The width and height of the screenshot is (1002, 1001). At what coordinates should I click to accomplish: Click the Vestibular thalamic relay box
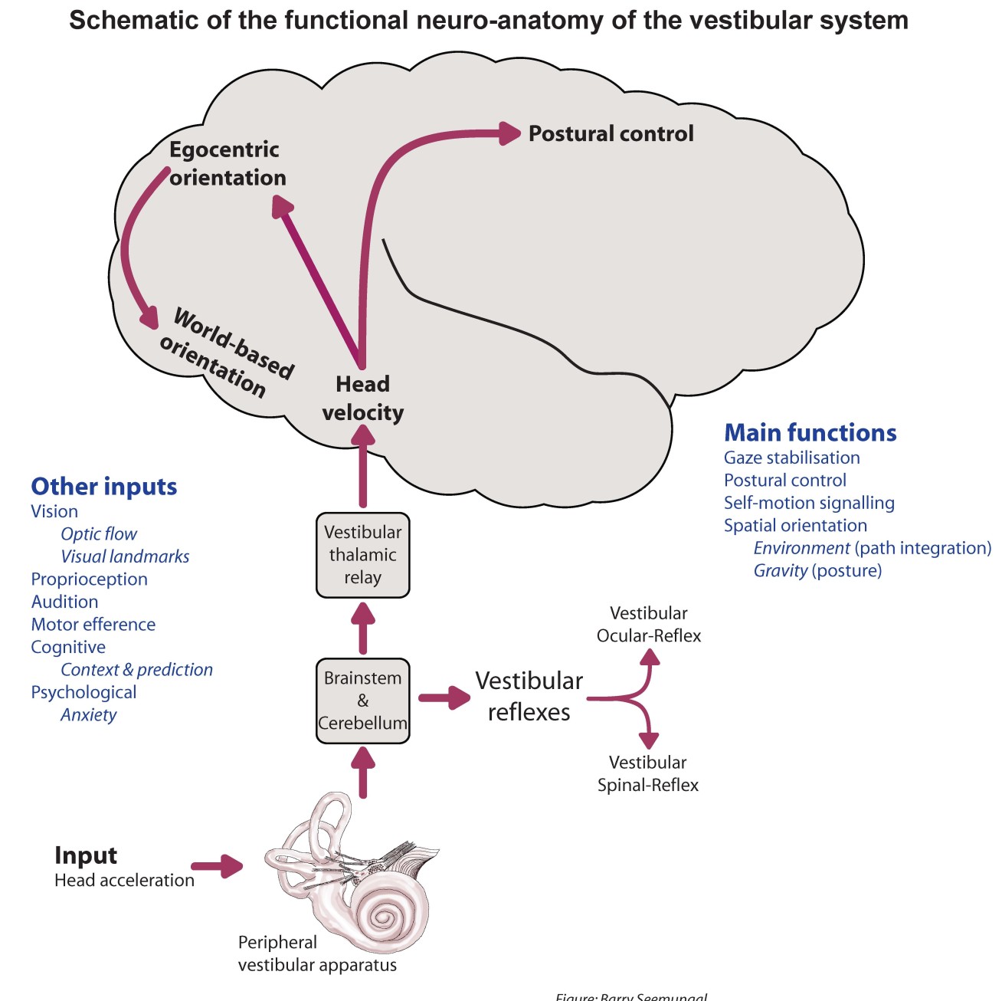pyautogui.click(x=362, y=555)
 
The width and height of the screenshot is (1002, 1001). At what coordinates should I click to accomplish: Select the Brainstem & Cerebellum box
pyautogui.click(x=362, y=701)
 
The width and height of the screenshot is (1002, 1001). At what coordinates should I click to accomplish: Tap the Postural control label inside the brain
pyautogui.click(x=611, y=133)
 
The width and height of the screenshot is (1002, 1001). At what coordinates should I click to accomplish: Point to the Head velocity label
pyautogui.click(x=362, y=399)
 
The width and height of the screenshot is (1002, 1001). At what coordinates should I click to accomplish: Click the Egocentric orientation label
pyautogui.click(x=227, y=163)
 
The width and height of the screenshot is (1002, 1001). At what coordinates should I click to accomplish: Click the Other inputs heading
pyautogui.click(x=103, y=487)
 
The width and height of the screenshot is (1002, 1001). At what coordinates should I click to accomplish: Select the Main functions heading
pyautogui.click(x=810, y=433)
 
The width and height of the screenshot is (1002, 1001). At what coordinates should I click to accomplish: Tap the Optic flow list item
pyautogui.click(x=99, y=534)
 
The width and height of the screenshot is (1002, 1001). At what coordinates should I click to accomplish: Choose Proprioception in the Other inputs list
pyautogui.click(x=89, y=579)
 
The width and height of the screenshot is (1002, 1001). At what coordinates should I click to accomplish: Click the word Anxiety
pyautogui.click(x=89, y=715)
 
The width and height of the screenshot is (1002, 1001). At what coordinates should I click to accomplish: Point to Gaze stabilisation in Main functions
pyautogui.click(x=791, y=458)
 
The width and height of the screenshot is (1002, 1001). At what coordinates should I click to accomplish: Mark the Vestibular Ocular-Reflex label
pyautogui.click(x=649, y=625)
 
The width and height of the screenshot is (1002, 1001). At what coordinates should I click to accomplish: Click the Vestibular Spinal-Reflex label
pyautogui.click(x=648, y=774)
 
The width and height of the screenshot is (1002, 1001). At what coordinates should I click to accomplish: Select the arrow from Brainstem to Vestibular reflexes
pyautogui.click(x=444, y=697)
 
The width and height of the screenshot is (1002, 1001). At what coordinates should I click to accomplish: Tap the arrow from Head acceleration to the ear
pyautogui.click(x=217, y=866)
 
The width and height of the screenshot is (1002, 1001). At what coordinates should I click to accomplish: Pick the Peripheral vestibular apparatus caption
pyautogui.click(x=317, y=953)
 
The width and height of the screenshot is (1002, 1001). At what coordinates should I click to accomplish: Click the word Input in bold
pyautogui.click(x=86, y=855)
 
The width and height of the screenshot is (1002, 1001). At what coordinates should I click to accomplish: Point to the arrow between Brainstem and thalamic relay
pyautogui.click(x=362, y=627)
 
